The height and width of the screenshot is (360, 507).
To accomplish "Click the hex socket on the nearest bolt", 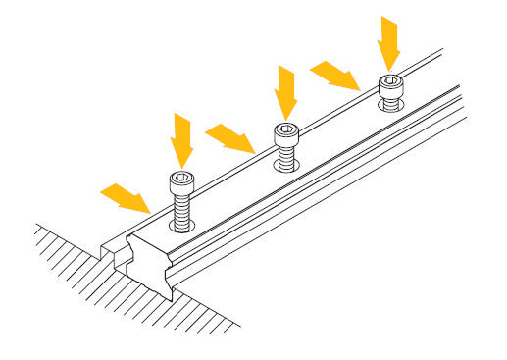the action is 181,178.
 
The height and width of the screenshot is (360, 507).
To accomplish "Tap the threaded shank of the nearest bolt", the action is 181,207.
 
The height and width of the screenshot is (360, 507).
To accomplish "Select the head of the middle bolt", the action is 285,131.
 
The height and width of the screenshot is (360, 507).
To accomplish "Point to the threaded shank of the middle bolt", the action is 285,154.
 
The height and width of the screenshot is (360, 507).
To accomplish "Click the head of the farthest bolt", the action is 390,83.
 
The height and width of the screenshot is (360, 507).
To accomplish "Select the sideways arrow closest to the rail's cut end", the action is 126,197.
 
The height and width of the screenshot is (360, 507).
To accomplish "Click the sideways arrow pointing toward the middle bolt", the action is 231,137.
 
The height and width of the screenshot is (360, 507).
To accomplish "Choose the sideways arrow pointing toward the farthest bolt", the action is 336,75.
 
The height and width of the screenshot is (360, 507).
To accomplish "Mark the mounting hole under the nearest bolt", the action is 182,228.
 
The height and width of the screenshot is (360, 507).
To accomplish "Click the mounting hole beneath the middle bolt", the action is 285,168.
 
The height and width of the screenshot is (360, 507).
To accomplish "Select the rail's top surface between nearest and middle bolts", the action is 235,191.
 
